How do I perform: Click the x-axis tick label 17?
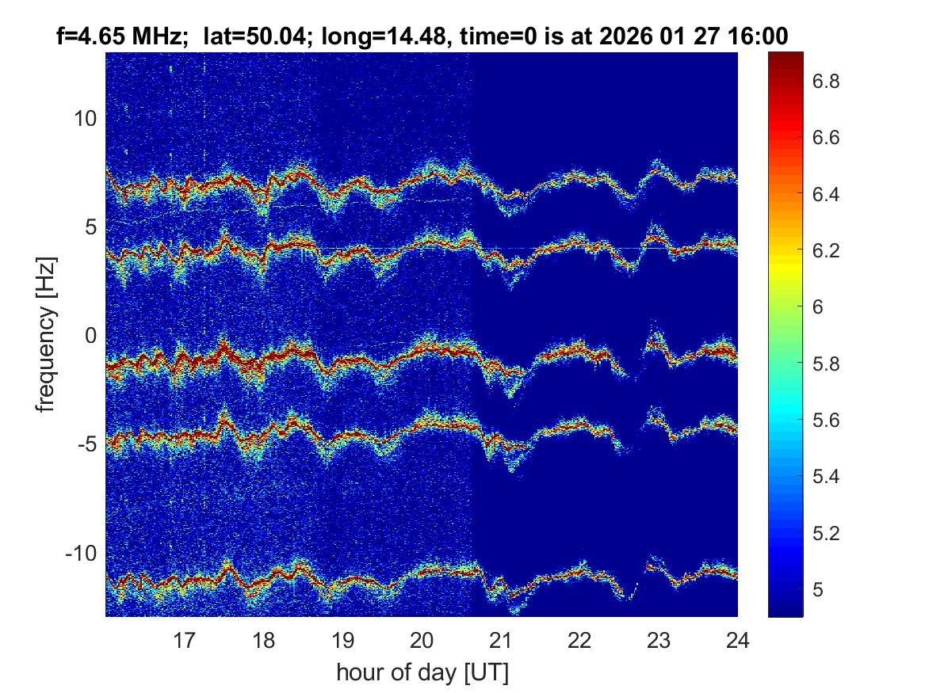pos(185,639)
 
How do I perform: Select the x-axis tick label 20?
pos(422,639)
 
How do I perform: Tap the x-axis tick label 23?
pos(659,639)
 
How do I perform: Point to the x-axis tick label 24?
pos(737,639)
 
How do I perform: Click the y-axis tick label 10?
pos(85,119)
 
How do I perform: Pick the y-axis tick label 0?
pos(90,336)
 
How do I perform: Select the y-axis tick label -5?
pos(85,444)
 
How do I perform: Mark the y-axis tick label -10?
pos(79,553)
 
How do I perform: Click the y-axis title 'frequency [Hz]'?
pos(48,334)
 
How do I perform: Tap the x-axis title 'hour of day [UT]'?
pos(422,673)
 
